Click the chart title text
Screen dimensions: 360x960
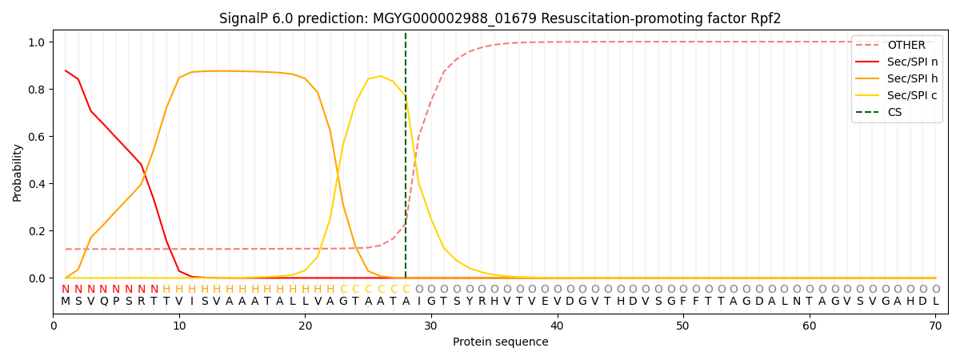tap(500, 18)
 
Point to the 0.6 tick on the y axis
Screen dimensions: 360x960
tap(38, 137)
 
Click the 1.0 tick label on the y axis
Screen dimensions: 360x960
tap(38, 42)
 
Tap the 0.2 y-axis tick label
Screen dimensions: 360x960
tap(38, 231)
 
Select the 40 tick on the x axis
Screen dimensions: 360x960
tap(557, 326)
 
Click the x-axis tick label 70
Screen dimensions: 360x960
tap(935, 326)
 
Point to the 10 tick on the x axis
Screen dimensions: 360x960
tap(179, 326)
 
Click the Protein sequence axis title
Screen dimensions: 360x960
tap(500, 342)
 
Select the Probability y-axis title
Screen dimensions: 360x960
tap(18, 172)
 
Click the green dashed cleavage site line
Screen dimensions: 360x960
tap(406, 160)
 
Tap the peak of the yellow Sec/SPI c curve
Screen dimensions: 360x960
tap(381, 76)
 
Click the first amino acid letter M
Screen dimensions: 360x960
tap(66, 302)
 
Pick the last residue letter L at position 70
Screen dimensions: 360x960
tap(935, 302)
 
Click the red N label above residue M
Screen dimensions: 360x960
tap(66, 289)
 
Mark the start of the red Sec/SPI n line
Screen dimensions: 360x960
tap(66, 70)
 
